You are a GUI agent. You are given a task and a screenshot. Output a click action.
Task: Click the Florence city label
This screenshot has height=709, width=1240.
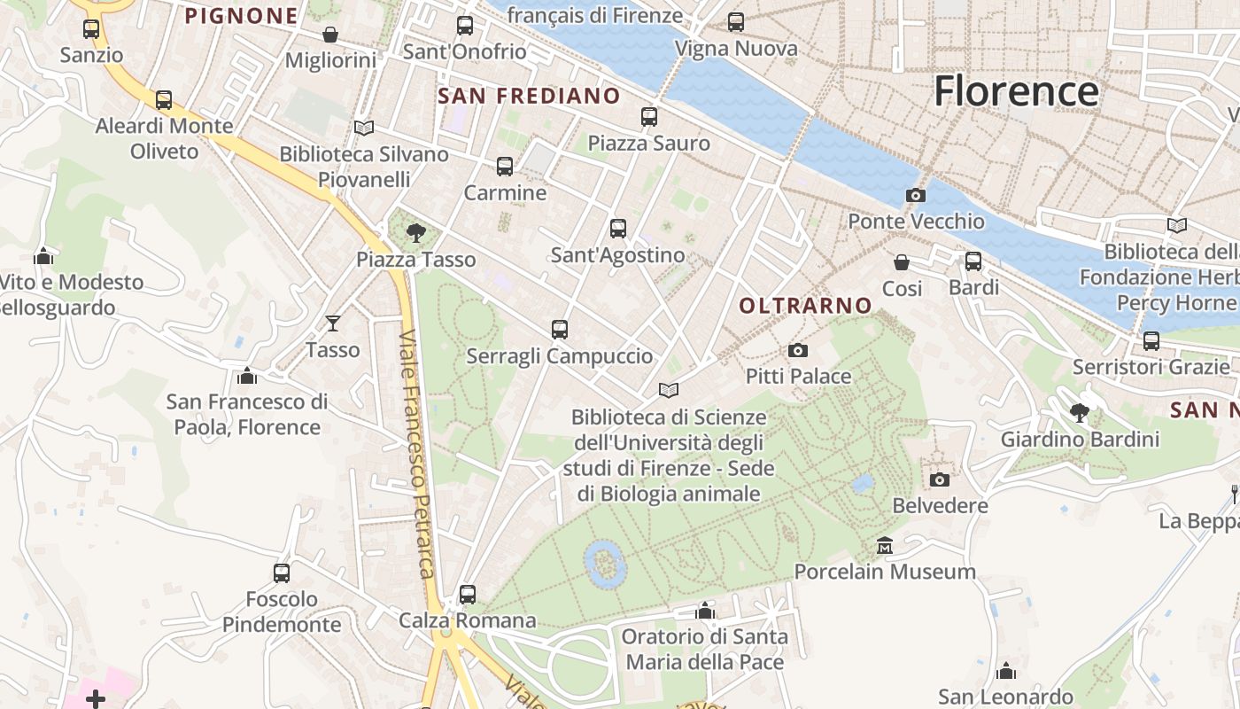click(1016, 91)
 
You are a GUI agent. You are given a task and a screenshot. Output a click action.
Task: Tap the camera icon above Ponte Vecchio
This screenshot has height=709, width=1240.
click(916, 195)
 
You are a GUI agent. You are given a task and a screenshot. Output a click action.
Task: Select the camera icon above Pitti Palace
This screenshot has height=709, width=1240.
click(798, 350)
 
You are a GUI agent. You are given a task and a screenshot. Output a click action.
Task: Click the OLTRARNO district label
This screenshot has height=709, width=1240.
click(805, 306)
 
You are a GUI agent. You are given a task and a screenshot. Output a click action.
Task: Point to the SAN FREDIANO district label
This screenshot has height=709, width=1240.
click(529, 96)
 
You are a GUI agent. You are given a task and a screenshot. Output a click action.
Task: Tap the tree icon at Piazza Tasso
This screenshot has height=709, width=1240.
click(415, 233)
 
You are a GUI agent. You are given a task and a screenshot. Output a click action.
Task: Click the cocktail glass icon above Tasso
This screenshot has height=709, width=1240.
click(333, 323)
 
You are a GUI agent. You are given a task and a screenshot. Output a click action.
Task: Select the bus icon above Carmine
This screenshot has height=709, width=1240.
click(505, 166)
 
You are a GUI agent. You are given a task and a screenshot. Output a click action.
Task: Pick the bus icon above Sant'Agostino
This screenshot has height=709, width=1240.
click(618, 228)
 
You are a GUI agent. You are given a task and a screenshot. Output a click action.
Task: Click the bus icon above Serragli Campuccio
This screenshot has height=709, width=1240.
click(560, 330)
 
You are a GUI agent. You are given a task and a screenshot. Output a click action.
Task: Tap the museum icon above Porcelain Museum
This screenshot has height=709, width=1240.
click(884, 545)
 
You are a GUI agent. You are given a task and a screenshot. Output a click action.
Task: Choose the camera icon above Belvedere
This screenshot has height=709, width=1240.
click(940, 479)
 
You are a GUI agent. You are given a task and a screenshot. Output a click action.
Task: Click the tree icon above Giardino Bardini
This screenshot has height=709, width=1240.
click(1080, 412)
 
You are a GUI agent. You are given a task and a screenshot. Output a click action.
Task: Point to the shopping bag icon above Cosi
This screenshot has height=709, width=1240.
click(902, 262)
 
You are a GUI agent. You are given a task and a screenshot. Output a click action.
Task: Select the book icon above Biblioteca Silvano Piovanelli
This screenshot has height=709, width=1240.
click(364, 128)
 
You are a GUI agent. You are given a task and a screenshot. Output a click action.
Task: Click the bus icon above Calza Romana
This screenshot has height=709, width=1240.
click(468, 594)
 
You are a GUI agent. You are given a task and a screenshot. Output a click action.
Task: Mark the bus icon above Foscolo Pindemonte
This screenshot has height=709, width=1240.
click(282, 573)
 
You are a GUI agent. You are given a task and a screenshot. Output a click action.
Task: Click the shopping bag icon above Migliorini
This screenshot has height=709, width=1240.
click(330, 35)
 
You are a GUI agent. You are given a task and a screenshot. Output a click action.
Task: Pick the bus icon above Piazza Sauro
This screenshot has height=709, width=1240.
click(649, 116)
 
